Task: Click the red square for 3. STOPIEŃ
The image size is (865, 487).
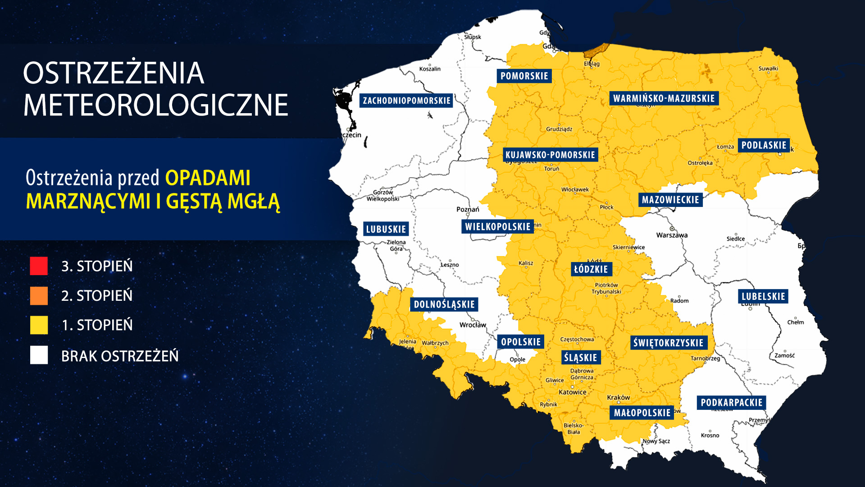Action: coord(39,266)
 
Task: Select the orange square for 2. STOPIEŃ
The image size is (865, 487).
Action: coord(39,296)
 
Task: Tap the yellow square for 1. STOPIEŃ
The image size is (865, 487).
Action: coord(39,325)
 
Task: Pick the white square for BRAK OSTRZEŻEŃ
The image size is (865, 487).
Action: coord(39,355)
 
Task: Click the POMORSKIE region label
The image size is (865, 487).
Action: coord(524,76)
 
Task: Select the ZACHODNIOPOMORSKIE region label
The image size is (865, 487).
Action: coord(406,101)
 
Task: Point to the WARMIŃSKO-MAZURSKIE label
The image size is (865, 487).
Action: coord(664,98)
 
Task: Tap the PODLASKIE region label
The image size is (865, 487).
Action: coord(764,145)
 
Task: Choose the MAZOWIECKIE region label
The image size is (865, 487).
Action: coord(670,200)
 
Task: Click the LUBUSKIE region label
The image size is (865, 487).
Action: coord(386,229)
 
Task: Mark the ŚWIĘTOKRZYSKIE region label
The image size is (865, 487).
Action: coord(668,343)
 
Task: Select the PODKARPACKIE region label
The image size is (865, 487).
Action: coord(731,403)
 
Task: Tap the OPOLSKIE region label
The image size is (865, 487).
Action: coord(521,342)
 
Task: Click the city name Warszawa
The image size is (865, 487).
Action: coord(672,235)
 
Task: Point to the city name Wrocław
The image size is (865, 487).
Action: coord(473,325)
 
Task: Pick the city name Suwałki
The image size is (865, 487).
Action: coord(768,69)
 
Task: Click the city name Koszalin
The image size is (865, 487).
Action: coord(430,69)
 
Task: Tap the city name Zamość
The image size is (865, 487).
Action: coord(784,355)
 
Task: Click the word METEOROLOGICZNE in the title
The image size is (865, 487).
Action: coord(155,105)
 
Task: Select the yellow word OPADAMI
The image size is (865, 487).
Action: coord(208,178)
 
